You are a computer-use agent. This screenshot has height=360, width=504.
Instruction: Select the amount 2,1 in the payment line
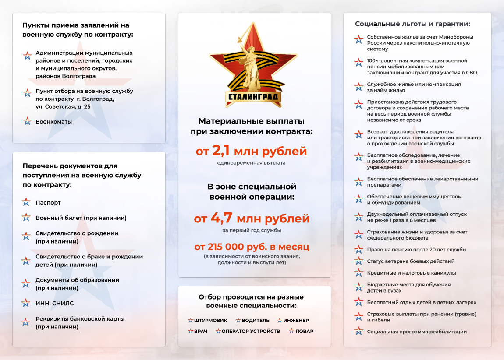point(222,151)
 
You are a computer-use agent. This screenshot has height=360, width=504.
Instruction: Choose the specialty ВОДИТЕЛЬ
point(256,321)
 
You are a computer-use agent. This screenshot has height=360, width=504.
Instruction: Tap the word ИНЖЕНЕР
point(296,321)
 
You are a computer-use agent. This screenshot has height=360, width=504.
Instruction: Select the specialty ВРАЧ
point(201,332)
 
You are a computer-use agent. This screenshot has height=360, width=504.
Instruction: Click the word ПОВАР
point(304,332)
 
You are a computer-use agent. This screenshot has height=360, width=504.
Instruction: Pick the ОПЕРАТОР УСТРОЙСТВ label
point(251,332)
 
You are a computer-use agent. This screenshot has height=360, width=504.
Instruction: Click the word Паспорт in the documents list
point(48,203)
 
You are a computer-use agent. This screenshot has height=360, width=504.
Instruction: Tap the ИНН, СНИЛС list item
point(55,303)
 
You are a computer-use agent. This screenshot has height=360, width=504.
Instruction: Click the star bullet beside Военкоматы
point(27,122)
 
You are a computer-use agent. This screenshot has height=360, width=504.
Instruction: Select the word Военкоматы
point(53,122)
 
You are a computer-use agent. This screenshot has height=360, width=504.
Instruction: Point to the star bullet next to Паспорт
point(26,202)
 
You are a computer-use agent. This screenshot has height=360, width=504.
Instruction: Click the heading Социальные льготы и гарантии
point(412,24)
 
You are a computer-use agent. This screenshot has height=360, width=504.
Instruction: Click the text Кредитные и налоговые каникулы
point(412,273)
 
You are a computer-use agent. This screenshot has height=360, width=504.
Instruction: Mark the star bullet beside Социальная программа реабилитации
point(359,331)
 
